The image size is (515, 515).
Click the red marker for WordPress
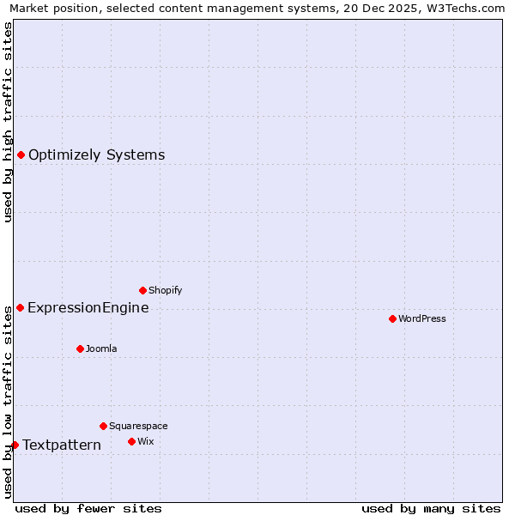point(392,318)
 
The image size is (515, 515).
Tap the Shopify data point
point(142,290)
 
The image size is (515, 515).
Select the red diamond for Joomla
point(80,348)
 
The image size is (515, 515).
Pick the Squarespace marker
point(103,426)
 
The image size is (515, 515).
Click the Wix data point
point(131,441)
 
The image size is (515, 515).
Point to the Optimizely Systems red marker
point(21,154)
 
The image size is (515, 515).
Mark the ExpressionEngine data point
point(20,307)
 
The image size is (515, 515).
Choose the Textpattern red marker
point(15,445)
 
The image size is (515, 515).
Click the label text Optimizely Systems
point(96,155)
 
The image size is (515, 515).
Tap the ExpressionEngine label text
point(88,308)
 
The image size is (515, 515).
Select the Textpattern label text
point(62,445)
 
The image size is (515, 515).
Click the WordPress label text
point(422,319)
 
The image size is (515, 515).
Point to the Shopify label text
point(165,291)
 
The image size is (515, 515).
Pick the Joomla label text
point(101,349)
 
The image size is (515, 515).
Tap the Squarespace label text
point(138,427)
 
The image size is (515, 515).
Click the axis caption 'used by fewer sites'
point(88,508)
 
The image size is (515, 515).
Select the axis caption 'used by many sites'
point(431,508)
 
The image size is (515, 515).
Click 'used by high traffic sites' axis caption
point(9,122)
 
